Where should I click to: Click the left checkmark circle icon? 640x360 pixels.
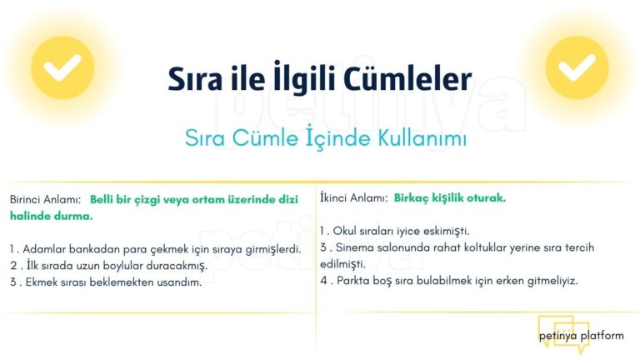tap(62, 67)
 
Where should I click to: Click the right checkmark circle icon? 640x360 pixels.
tap(577, 67)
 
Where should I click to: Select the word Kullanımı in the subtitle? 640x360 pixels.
tap(414, 138)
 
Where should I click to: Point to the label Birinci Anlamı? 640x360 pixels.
tap(44, 200)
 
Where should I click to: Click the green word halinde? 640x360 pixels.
tap(30, 215)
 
